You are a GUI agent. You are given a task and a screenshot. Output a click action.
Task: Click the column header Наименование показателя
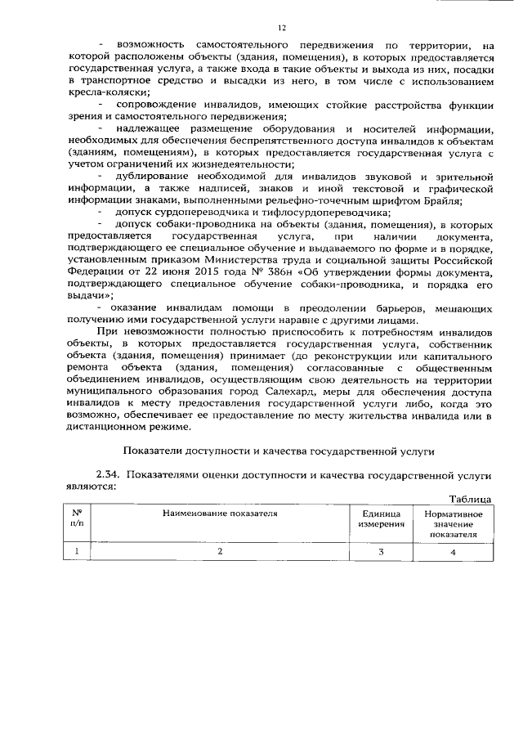(x=219, y=514)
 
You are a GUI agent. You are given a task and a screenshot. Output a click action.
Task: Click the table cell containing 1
(x=77, y=552)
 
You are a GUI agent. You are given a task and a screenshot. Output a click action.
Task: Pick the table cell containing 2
(x=219, y=552)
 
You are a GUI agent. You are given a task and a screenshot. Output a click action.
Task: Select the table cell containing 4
(x=454, y=552)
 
